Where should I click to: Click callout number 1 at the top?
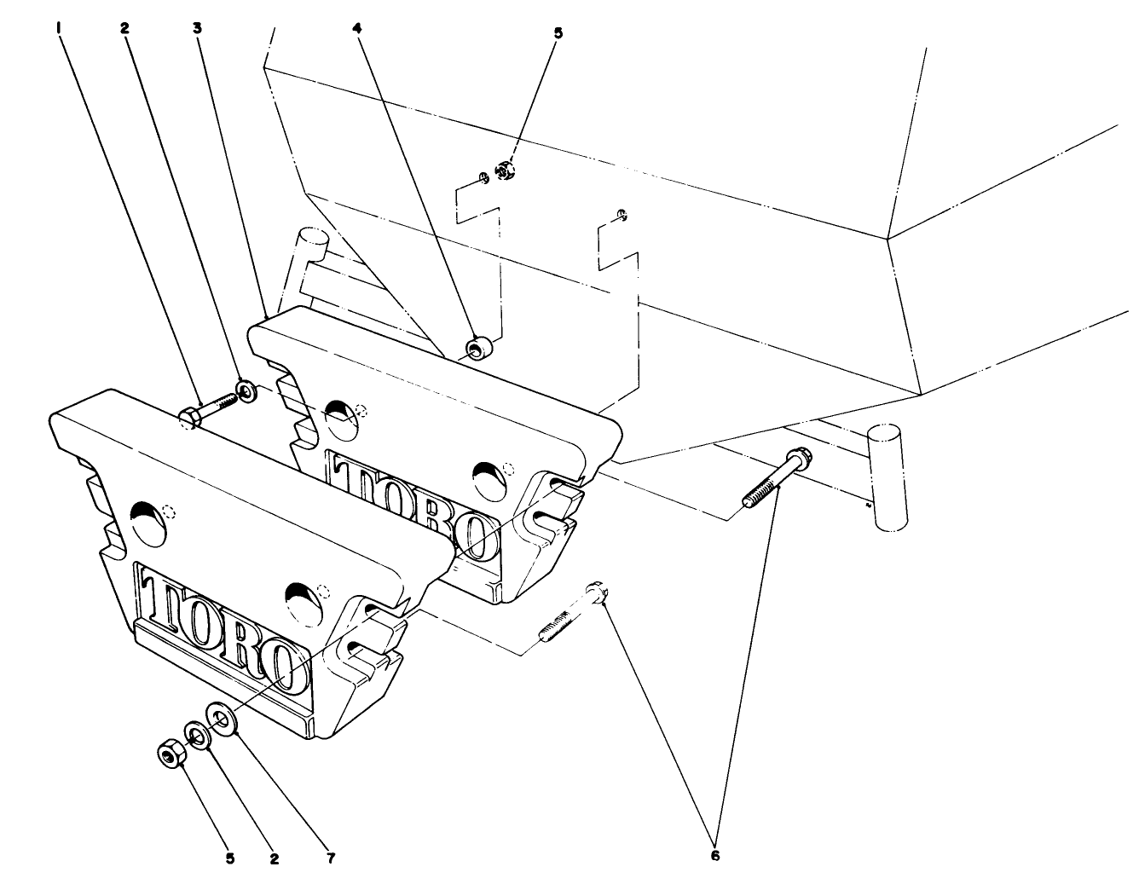pos(59,27)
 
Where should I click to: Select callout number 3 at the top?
pos(197,27)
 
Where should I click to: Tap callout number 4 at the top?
pos(358,27)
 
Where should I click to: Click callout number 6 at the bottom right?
pos(714,855)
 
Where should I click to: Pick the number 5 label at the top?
pos(558,33)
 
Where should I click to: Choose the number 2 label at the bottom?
pos(274,858)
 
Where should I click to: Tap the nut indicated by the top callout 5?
pos(506,171)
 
